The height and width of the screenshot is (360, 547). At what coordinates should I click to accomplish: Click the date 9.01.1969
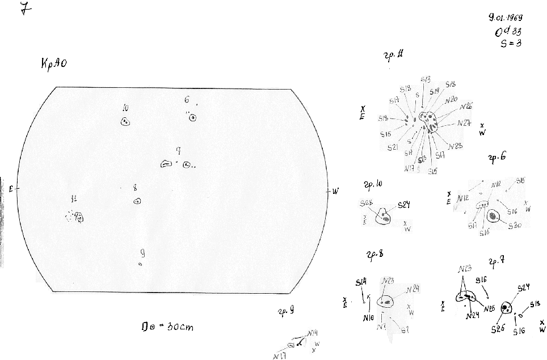click(509, 18)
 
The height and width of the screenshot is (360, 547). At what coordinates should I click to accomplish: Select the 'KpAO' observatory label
click(54, 64)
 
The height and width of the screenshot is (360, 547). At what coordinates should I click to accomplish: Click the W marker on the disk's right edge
click(335, 191)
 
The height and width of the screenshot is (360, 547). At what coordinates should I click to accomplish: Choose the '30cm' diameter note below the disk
click(170, 327)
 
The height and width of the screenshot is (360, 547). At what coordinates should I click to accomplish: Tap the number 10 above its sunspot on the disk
click(125, 108)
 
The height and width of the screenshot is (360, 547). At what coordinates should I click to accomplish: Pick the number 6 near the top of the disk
click(187, 100)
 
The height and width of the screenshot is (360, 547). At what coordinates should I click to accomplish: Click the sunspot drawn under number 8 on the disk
click(137, 201)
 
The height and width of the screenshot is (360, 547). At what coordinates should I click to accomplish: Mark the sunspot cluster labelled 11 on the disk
click(76, 217)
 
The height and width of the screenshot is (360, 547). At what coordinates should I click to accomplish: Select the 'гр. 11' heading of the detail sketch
click(394, 56)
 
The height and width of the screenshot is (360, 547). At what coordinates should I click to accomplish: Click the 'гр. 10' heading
click(372, 184)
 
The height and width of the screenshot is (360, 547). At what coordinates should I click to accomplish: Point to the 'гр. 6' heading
click(496, 159)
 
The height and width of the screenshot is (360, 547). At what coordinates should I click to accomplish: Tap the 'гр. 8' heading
click(375, 253)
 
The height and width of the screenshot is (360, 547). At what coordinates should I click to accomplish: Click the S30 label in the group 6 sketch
click(515, 226)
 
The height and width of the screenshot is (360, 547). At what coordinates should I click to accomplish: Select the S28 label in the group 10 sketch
click(366, 204)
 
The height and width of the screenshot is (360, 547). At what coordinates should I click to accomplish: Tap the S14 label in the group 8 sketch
click(361, 282)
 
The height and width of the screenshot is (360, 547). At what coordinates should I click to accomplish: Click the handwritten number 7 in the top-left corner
click(24, 10)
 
